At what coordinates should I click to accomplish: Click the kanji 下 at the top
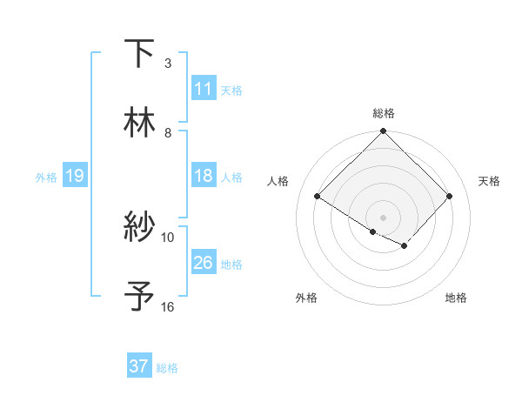pyautogui.click(x=139, y=54)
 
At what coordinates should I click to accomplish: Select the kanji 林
pyautogui.click(x=139, y=122)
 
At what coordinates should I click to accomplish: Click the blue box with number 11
pyautogui.click(x=204, y=89)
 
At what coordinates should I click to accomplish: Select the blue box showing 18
pyautogui.click(x=204, y=176)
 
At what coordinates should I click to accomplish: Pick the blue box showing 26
pyautogui.click(x=204, y=263)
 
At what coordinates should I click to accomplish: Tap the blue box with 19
pyautogui.click(x=74, y=177)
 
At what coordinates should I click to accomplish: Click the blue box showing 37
pyautogui.click(x=139, y=366)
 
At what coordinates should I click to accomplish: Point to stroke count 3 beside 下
pyautogui.click(x=168, y=63)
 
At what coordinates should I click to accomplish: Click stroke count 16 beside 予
pyautogui.click(x=168, y=306)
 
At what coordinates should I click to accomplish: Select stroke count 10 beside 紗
pyautogui.click(x=168, y=237)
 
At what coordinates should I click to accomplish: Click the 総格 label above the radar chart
pyautogui.click(x=384, y=113)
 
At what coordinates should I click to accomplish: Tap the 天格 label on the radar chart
pyautogui.click(x=489, y=181)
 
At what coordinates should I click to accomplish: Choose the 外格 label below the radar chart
pyautogui.click(x=306, y=298)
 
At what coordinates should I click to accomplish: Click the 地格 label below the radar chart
pyautogui.click(x=456, y=298)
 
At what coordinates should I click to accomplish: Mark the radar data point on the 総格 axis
pyautogui.click(x=383, y=132)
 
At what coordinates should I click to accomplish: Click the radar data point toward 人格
pyautogui.click(x=318, y=197)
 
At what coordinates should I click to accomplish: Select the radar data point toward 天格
pyautogui.click(x=450, y=197)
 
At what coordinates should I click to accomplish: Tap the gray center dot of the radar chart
pyautogui.click(x=383, y=217)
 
